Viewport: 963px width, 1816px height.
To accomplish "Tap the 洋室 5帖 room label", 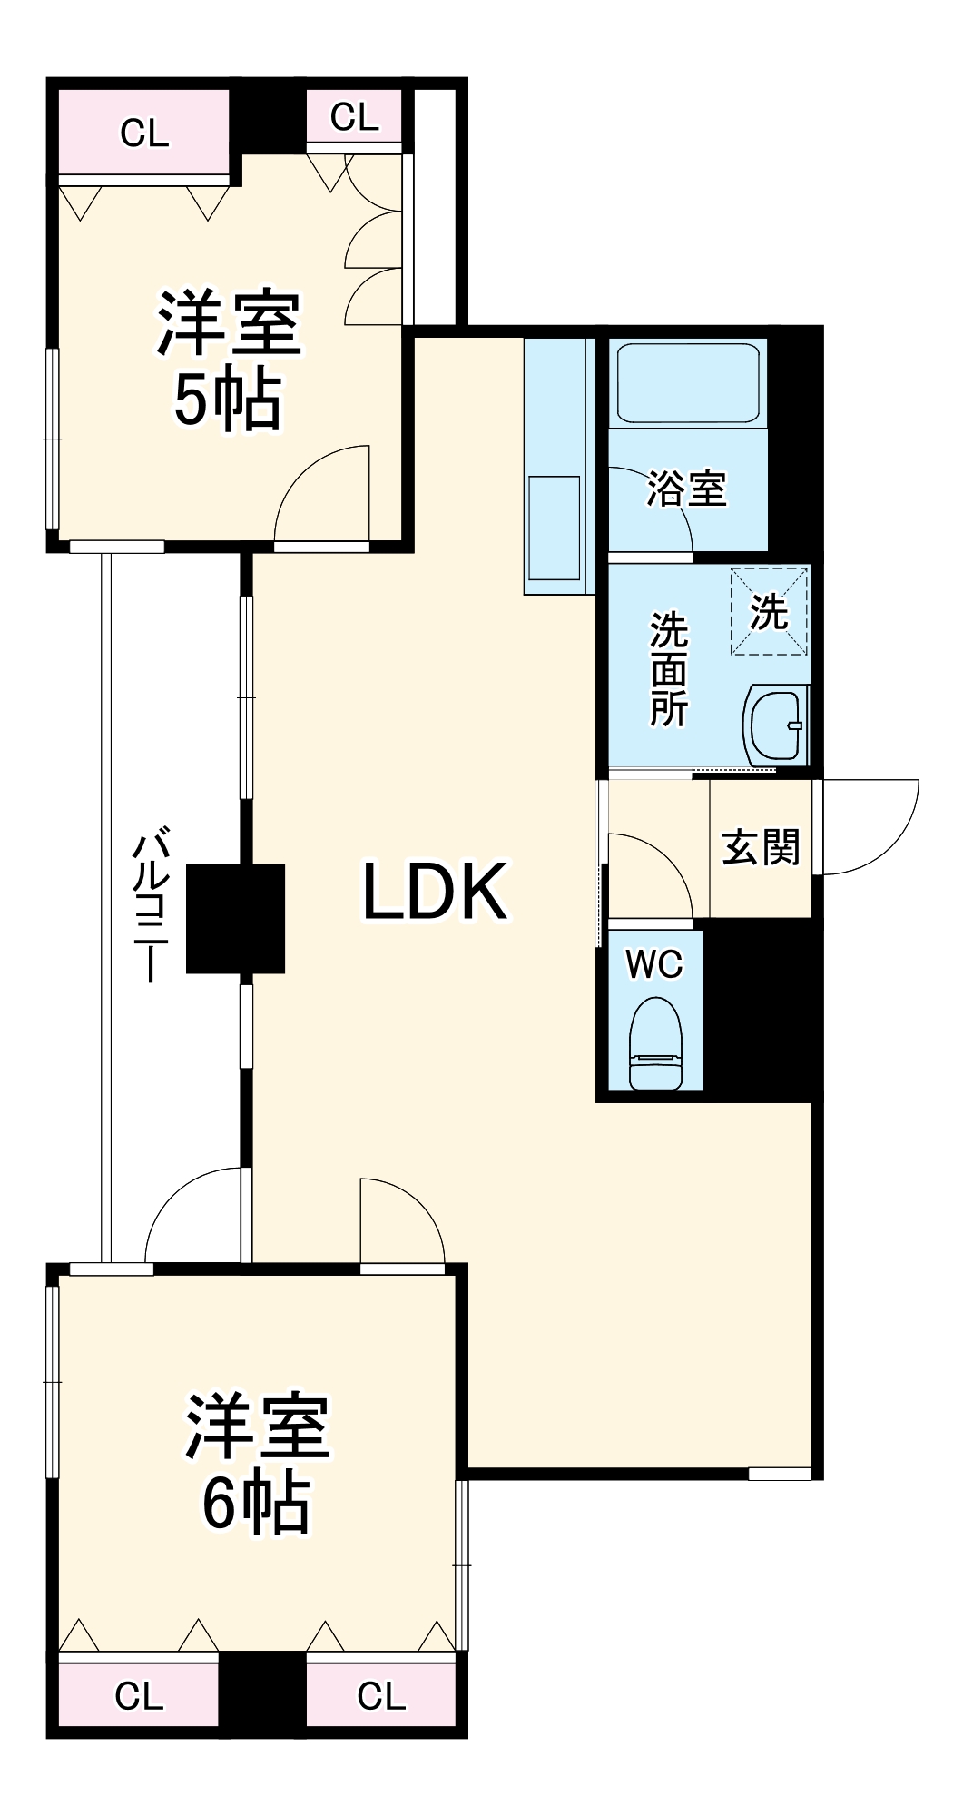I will tap(229, 360).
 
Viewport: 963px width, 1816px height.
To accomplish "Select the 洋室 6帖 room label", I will tap(256, 1464).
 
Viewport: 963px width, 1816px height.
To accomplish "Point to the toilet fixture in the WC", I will tap(655, 1042).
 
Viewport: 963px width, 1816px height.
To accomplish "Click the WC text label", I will tap(654, 965).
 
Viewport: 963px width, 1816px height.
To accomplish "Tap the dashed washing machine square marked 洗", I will tap(770, 611).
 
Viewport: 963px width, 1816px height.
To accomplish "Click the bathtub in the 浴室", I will tap(687, 382).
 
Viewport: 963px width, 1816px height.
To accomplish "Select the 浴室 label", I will tap(687, 489).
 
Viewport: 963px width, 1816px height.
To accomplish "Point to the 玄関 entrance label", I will tap(761, 848).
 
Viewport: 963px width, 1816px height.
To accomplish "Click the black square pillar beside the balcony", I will tap(235, 918).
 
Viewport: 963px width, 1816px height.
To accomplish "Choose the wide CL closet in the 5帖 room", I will tap(144, 133).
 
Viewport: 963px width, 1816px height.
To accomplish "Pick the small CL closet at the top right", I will tap(354, 116).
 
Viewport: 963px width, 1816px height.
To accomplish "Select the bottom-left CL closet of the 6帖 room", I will tap(139, 1694).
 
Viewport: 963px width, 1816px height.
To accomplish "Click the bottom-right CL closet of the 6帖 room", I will tap(381, 1694).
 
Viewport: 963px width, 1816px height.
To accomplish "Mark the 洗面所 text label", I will tap(669, 669).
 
